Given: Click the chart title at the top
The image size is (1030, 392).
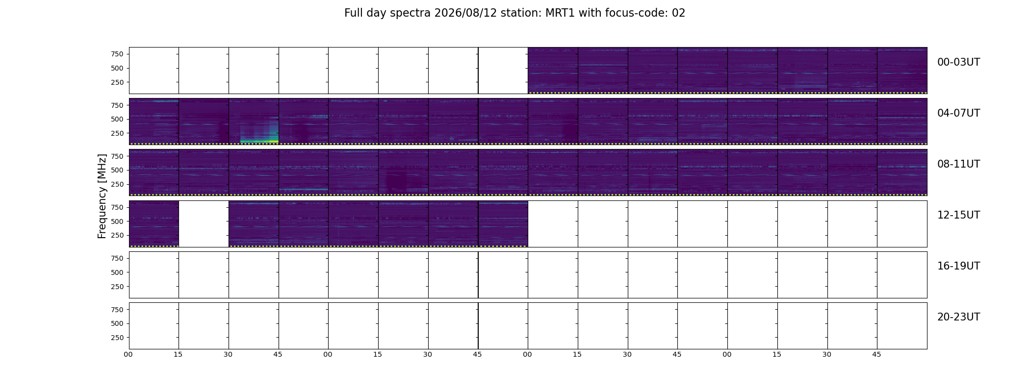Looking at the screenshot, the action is (515, 13).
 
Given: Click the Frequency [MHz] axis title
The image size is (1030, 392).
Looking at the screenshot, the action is (102, 196).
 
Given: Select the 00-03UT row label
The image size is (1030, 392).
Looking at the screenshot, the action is (958, 62).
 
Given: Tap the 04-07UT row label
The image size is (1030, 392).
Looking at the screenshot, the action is (958, 113).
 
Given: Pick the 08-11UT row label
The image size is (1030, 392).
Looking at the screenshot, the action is (958, 164).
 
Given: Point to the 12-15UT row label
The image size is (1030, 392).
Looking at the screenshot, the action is (958, 215).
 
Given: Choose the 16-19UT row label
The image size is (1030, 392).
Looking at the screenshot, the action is (958, 266).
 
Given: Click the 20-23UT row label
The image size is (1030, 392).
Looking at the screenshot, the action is (958, 317).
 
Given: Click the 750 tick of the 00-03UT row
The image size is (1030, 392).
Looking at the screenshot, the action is (117, 54).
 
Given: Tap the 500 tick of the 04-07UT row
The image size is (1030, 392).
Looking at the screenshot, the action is (117, 119).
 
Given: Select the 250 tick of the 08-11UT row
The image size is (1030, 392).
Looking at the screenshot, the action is (117, 184).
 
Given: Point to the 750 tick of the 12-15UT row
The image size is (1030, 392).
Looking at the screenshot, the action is (117, 207).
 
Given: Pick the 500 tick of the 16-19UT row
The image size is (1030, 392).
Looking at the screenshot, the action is (117, 272).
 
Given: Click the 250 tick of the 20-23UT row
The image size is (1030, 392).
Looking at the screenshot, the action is (117, 338).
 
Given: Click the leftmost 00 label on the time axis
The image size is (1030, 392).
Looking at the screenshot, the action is (128, 355).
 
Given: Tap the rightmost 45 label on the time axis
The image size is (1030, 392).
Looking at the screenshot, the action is (876, 355).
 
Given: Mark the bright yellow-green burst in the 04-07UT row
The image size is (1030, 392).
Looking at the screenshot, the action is (259, 141).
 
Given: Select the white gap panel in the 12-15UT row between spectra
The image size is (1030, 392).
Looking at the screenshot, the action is (204, 224).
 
